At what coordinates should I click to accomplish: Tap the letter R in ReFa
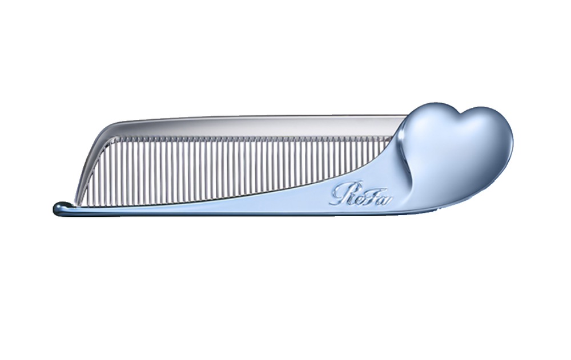coord(339,195)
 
